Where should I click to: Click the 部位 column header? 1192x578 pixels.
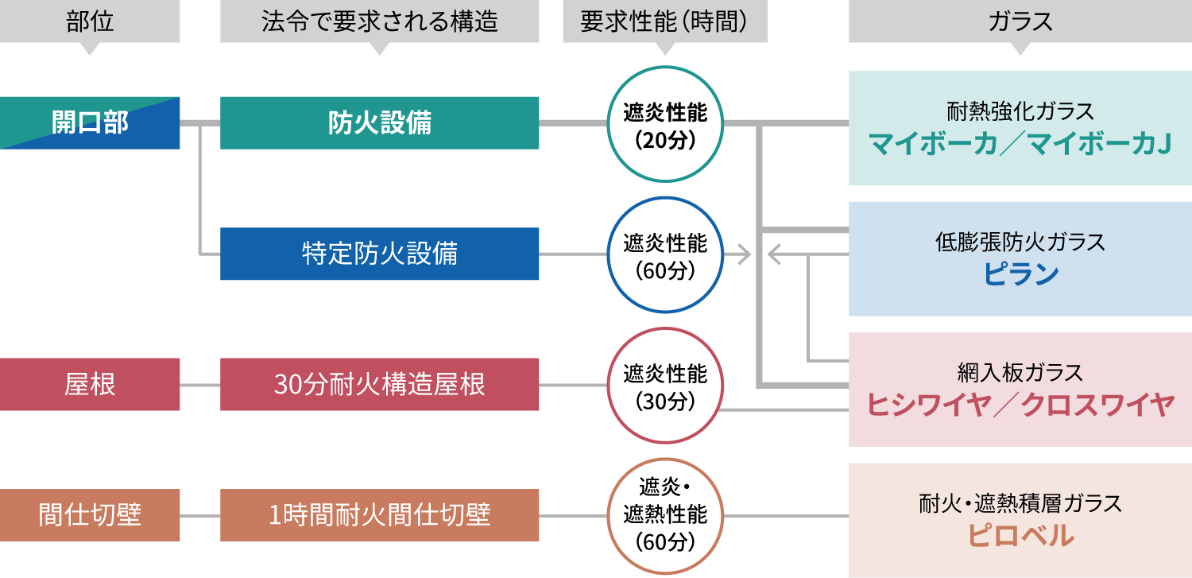(x=90, y=21)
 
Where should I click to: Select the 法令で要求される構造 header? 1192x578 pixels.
(x=379, y=21)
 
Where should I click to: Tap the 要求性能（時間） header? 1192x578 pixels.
(x=665, y=21)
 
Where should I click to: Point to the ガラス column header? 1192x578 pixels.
(x=1020, y=21)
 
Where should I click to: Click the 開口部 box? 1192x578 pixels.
(x=90, y=123)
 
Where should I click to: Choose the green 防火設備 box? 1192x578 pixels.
(x=379, y=123)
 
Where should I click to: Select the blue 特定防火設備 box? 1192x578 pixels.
(x=379, y=254)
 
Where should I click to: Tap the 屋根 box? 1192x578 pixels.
(x=90, y=385)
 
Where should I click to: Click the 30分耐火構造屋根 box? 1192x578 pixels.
(x=379, y=385)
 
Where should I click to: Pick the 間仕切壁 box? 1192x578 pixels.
(x=90, y=515)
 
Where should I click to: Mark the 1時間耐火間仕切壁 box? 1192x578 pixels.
(x=379, y=515)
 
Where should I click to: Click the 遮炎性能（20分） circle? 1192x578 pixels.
(x=665, y=124)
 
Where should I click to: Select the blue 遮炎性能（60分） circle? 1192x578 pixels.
(x=665, y=254)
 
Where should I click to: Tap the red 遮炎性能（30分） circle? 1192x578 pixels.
(x=665, y=385)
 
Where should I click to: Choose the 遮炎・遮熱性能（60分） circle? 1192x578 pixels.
(x=665, y=515)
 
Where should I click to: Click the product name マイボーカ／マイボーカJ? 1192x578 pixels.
(x=1020, y=145)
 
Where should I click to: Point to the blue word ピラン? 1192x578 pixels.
(x=1020, y=275)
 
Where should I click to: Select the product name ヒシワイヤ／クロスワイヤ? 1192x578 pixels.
(x=1020, y=405)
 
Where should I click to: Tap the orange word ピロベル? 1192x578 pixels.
(x=1020, y=536)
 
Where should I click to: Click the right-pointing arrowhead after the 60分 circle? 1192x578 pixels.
(x=745, y=254)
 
